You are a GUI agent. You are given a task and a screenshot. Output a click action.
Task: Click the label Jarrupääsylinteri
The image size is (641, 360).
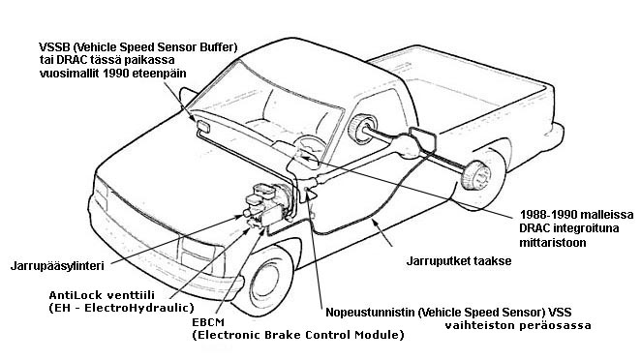(57, 266)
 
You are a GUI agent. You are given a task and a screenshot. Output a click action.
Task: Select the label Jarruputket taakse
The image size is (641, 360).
(459, 260)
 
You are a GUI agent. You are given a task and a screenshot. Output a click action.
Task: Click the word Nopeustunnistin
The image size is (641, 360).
(371, 313)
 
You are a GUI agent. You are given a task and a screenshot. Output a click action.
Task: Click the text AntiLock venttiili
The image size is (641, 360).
(102, 295)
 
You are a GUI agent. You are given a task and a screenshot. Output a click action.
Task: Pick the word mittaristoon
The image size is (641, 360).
(553, 242)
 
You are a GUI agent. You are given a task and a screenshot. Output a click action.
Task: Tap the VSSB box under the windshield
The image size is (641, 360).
(202, 127)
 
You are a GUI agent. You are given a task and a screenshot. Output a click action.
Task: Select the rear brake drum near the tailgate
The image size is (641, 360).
(475, 176)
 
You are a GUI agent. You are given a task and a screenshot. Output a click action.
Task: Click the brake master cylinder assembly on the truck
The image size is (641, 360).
(265, 204)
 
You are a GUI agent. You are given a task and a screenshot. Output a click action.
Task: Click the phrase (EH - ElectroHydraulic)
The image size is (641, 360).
(121, 308)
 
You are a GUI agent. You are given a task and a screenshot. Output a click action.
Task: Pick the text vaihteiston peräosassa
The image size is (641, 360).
(518, 326)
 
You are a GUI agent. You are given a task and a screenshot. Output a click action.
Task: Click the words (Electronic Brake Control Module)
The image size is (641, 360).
(298, 335)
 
